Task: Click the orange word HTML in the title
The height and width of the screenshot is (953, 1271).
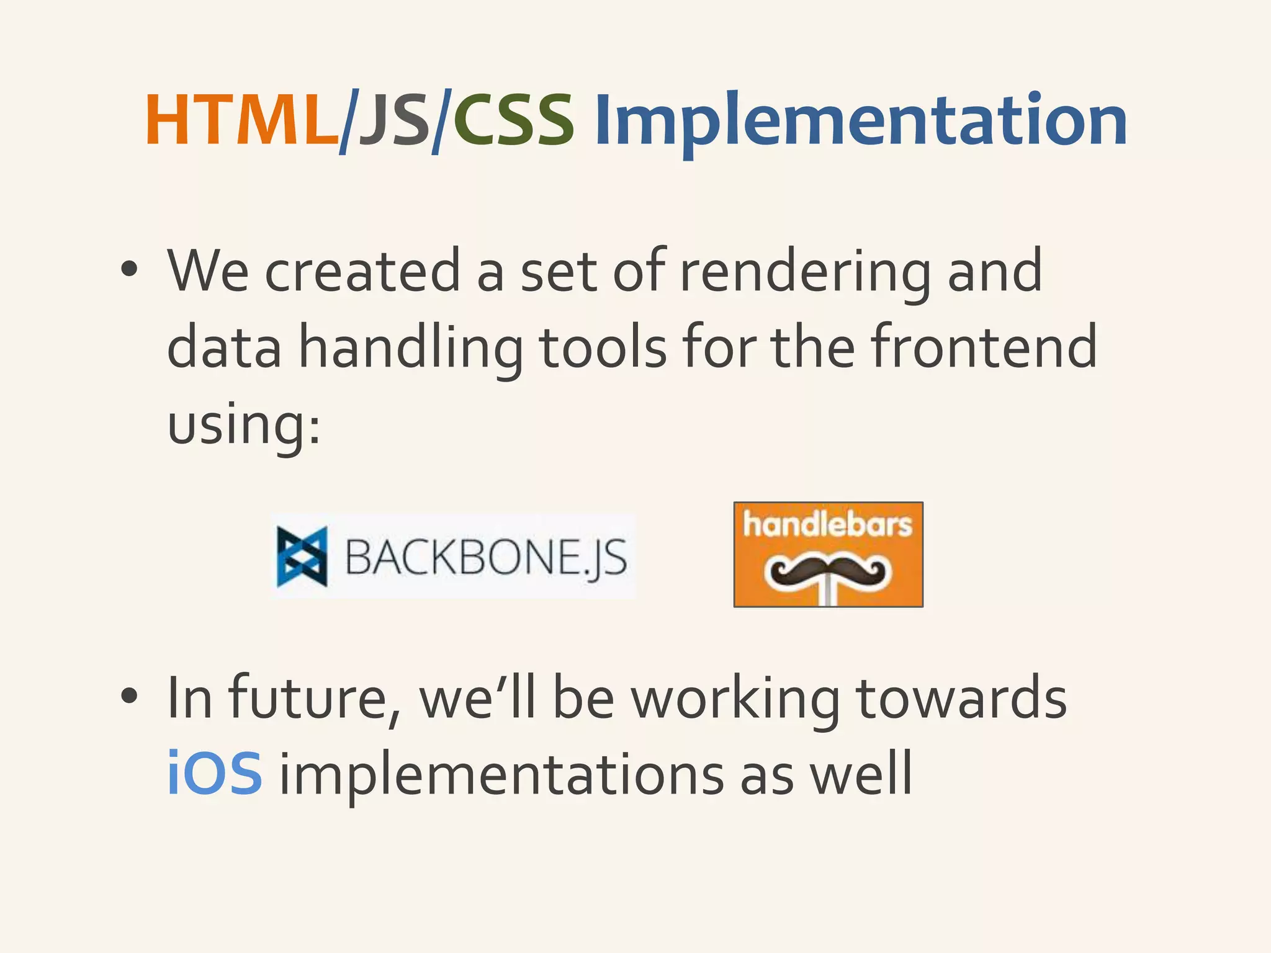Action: pos(241,121)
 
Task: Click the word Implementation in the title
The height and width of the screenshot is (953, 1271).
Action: pos(860,121)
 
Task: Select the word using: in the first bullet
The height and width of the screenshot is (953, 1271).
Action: pos(244,425)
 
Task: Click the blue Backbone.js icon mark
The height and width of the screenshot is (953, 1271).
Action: pos(302,557)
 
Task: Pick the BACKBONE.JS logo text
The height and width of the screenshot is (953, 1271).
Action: pos(485,557)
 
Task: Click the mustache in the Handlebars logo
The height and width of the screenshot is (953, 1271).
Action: pos(829,572)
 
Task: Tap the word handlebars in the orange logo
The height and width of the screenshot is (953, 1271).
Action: pos(828,525)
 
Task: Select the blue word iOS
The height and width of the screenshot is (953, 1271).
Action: pos(215,774)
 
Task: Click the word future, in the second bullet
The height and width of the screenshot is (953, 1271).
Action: pos(314,699)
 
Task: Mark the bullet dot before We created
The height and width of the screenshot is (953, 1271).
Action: pos(128,271)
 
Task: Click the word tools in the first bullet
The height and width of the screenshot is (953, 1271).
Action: pos(603,347)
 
